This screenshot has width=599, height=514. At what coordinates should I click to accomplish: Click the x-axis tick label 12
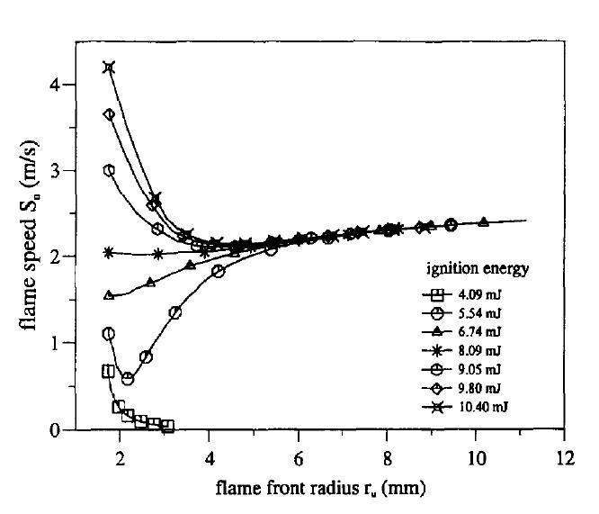(564, 454)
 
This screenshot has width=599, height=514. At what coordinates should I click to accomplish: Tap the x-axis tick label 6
(298, 454)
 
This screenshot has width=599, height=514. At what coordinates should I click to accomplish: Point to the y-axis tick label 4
(57, 84)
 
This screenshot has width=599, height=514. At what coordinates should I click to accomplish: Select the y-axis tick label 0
(57, 429)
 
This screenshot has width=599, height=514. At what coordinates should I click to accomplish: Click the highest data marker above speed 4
(110, 68)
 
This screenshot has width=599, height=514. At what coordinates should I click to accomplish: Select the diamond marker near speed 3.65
(110, 114)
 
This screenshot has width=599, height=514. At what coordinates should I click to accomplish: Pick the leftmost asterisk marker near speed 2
(110, 253)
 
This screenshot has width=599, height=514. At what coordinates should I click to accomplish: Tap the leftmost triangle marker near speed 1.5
(110, 295)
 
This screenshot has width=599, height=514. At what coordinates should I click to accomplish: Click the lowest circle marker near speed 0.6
(128, 379)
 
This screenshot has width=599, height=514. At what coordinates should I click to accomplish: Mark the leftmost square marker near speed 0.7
(109, 371)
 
